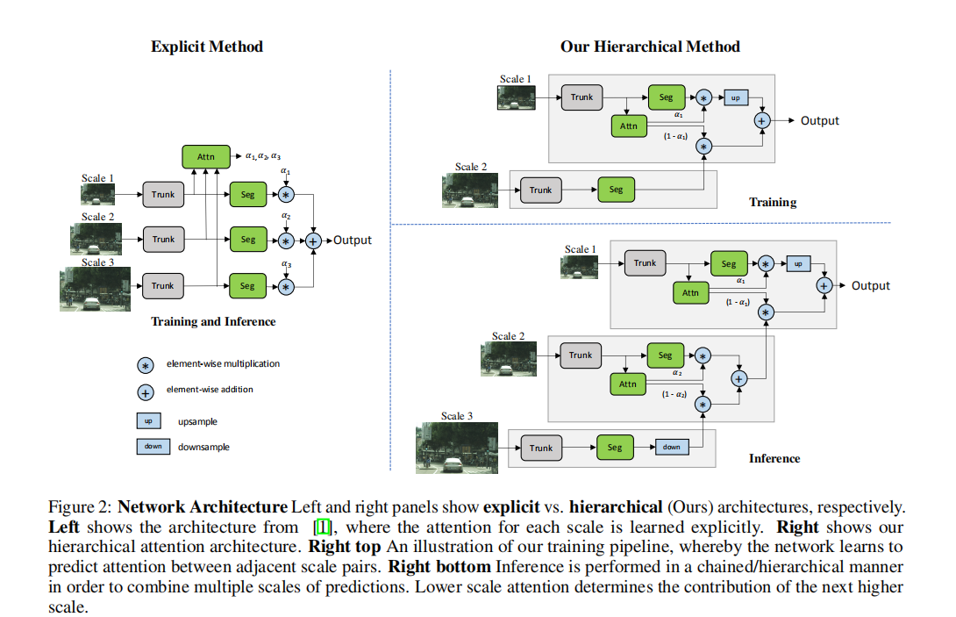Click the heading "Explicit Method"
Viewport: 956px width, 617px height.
206,47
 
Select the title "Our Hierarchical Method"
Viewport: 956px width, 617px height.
650,47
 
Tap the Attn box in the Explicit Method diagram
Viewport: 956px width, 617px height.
205,157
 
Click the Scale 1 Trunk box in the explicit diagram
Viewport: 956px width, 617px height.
163,195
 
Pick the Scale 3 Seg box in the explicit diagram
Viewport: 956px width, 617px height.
247,285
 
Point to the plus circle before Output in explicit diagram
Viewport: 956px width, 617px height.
313,240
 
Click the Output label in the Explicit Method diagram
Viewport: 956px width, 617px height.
353,240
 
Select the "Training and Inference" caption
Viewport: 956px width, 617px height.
213,321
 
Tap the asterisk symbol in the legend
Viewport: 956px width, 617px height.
146,364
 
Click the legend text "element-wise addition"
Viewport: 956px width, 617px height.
210,390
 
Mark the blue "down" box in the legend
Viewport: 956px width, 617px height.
153,447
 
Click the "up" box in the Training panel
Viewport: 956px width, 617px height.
735,97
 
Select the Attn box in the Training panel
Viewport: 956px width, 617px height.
629,126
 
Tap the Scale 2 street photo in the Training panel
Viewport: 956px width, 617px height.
469,190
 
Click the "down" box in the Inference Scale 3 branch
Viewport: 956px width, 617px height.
671,447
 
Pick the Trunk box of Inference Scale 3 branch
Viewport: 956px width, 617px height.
541,448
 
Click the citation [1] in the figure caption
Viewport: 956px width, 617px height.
323,527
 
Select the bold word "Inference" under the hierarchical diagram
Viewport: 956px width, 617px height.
774,458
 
